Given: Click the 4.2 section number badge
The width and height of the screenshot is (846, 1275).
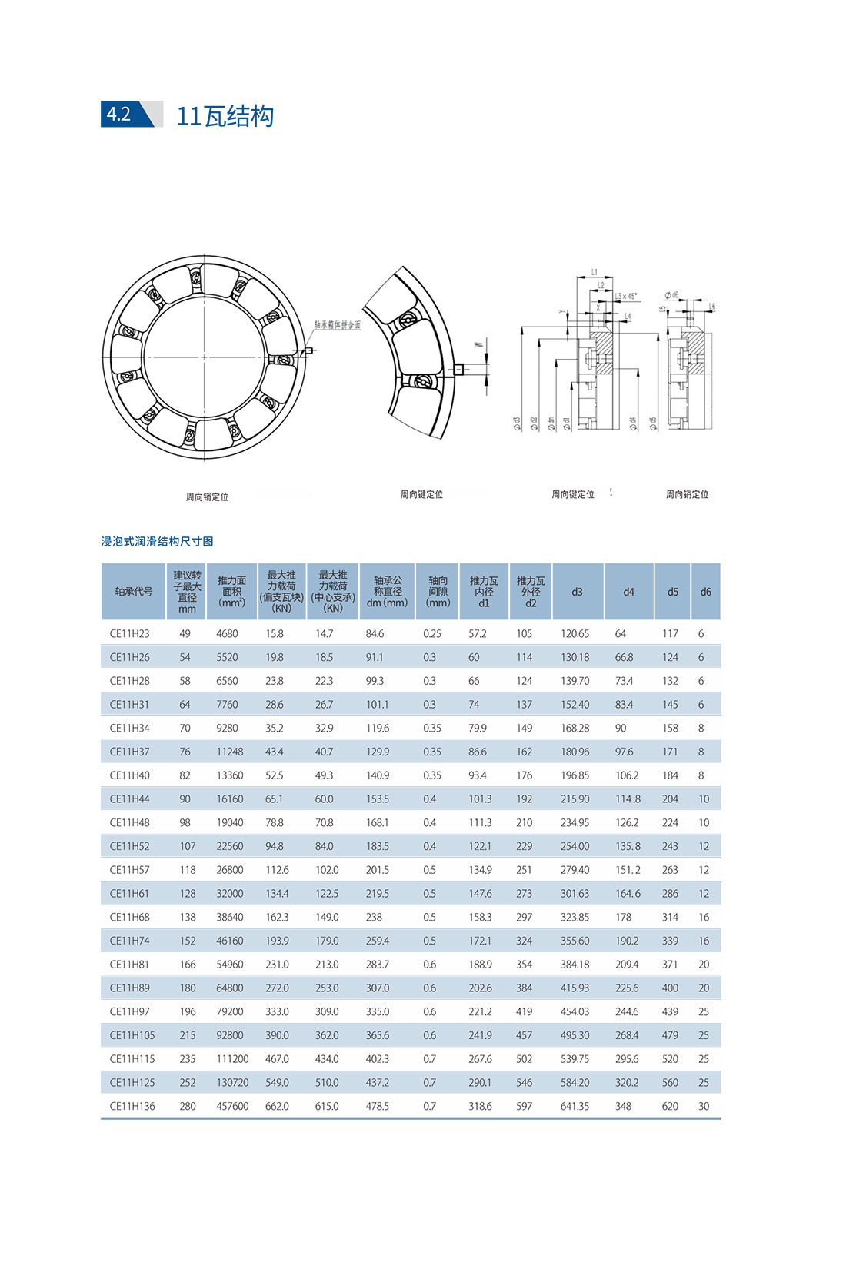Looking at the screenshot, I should [119, 114].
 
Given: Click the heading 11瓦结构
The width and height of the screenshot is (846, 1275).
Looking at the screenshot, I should [225, 116].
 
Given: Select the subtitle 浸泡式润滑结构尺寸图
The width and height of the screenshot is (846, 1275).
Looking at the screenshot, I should [157, 541].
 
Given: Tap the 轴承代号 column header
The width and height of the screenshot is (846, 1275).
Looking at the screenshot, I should [133, 592].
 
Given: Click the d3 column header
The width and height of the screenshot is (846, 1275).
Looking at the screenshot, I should [577, 592].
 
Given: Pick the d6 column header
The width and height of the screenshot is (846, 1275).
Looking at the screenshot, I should [705, 592].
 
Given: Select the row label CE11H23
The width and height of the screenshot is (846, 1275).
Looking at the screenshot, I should [129, 634].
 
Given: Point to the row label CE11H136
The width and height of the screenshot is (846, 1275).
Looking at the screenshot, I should [132, 1107].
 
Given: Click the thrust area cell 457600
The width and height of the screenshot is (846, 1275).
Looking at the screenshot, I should [232, 1107].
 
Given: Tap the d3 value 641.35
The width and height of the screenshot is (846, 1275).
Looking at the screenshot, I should [575, 1107].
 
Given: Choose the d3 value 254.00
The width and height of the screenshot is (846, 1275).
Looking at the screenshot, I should [575, 846].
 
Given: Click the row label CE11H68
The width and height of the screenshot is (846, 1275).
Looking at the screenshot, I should [129, 918].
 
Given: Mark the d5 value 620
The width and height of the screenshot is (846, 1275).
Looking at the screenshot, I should [670, 1107].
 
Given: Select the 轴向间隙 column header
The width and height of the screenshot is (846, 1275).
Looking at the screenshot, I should [438, 592].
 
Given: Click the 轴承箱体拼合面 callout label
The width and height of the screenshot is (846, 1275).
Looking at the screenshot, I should [337, 325].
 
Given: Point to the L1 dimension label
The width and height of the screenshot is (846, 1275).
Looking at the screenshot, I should [595, 273].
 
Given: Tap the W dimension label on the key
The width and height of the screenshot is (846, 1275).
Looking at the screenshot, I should [478, 344].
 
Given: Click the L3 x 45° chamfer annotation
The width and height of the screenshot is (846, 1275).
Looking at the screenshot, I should [626, 296].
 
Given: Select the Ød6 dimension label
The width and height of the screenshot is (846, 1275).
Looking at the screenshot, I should [671, 295].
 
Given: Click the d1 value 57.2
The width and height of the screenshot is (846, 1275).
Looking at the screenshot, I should [477, 634].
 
